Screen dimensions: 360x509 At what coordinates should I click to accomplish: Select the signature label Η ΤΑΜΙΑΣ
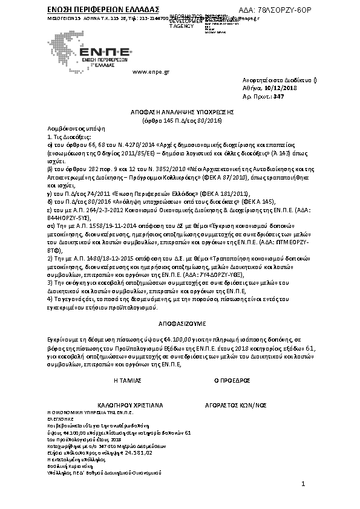coord(127,381)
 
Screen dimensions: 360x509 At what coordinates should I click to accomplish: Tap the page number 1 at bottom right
coord(303,484)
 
